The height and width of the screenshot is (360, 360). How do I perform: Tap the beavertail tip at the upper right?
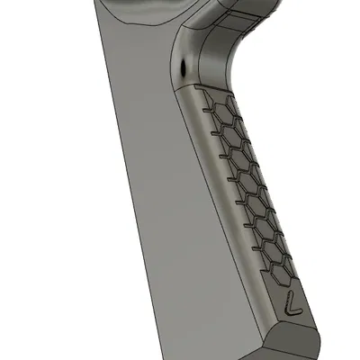click(261, 11)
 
